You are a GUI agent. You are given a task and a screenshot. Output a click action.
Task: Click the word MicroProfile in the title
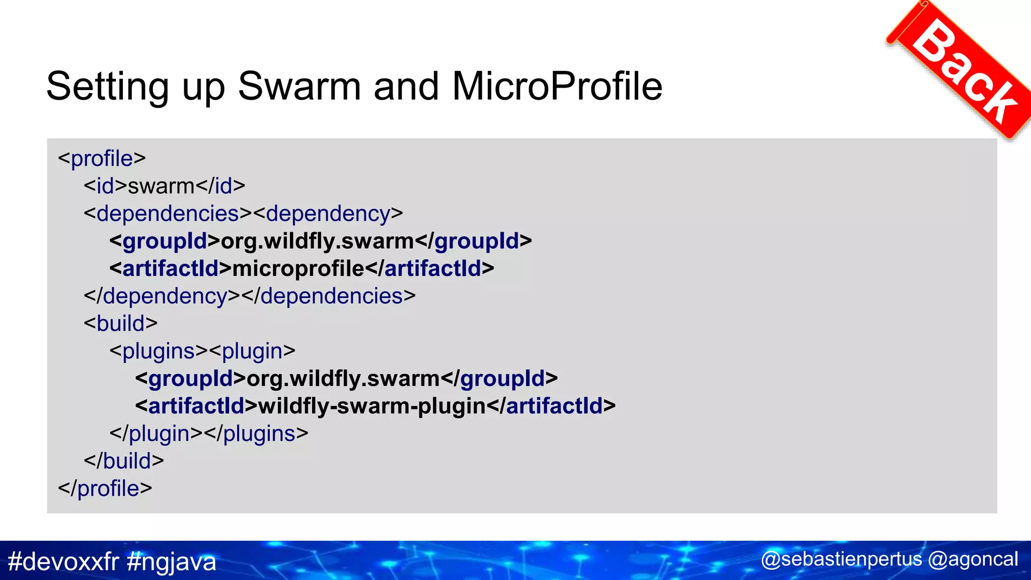click(x=557, y=87)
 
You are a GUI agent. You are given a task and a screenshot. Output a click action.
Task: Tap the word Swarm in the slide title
click(x=299, y=87)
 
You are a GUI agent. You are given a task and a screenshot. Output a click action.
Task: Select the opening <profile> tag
click(x=102, y=159)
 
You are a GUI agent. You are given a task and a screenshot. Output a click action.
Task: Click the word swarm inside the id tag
click(x=161, y=186)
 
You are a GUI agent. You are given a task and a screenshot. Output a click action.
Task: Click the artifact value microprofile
click(x=298, y=269)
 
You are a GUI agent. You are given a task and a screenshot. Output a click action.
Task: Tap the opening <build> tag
click(x=121, y=324)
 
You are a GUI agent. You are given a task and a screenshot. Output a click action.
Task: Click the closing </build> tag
click(x=124, y=461)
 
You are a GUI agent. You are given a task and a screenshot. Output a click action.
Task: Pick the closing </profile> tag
click(x=105, y=489)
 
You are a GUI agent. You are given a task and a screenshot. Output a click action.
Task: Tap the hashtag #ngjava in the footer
click(x=172, y=561)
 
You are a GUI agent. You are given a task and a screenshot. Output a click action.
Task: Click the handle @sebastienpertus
click(x=841, y=559)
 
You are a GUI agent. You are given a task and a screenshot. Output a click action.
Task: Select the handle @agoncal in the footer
click(x=973, y=559)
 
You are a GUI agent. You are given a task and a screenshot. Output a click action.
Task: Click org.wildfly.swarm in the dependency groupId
click(x=317, y=242)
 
